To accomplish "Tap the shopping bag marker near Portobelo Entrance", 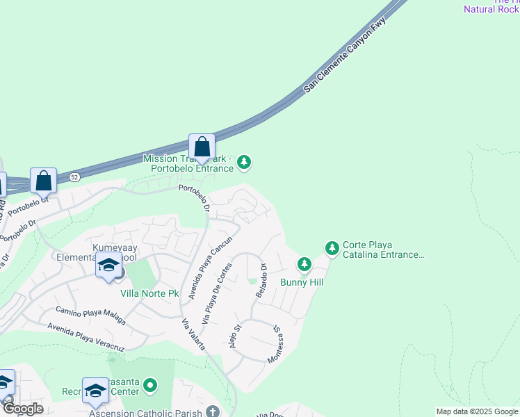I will tap(202, 147).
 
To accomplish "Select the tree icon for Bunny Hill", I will tap(304, 264).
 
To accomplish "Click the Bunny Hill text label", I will tap(302, 282).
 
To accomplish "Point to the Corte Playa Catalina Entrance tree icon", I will tap(332, 247).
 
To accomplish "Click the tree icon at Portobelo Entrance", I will tap(243, 163).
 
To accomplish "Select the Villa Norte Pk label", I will tap(149, 293).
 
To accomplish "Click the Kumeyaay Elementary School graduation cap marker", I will tap(108, 265).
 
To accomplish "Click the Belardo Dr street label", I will tap(261, 280).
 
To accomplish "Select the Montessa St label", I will tap(276, 345).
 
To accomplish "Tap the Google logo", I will tap(22, 409).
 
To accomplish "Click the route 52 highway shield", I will tap(74, 177).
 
